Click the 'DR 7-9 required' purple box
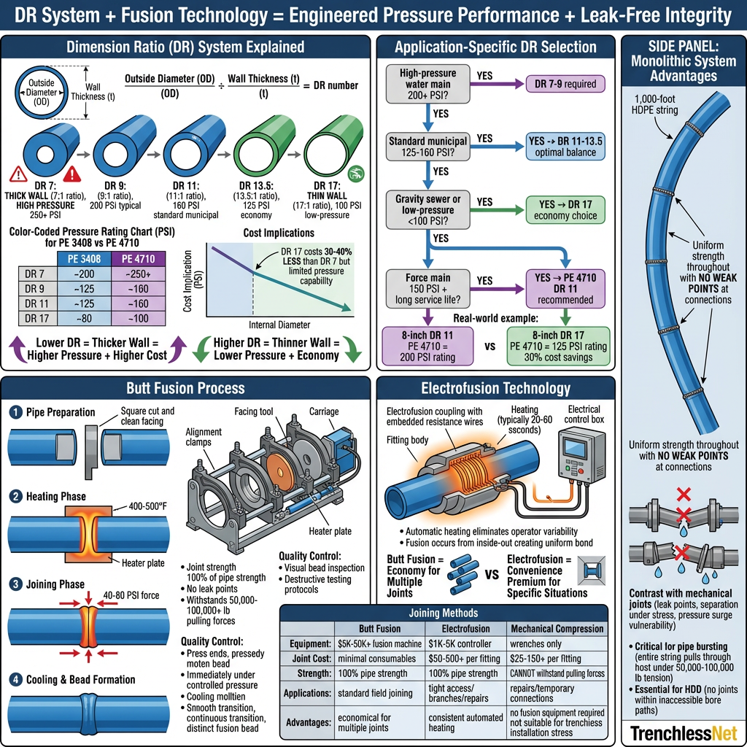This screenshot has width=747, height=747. [565, 84]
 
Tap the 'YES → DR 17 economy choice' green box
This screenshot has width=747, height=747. [565, 210]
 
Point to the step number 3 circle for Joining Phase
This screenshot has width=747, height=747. [15, 584]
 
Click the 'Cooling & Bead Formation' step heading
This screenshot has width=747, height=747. [80, 679]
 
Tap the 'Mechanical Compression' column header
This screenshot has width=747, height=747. [557, 628]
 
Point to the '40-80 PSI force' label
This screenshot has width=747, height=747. [131, 595]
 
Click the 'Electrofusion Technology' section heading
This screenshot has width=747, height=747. [495, 388]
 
